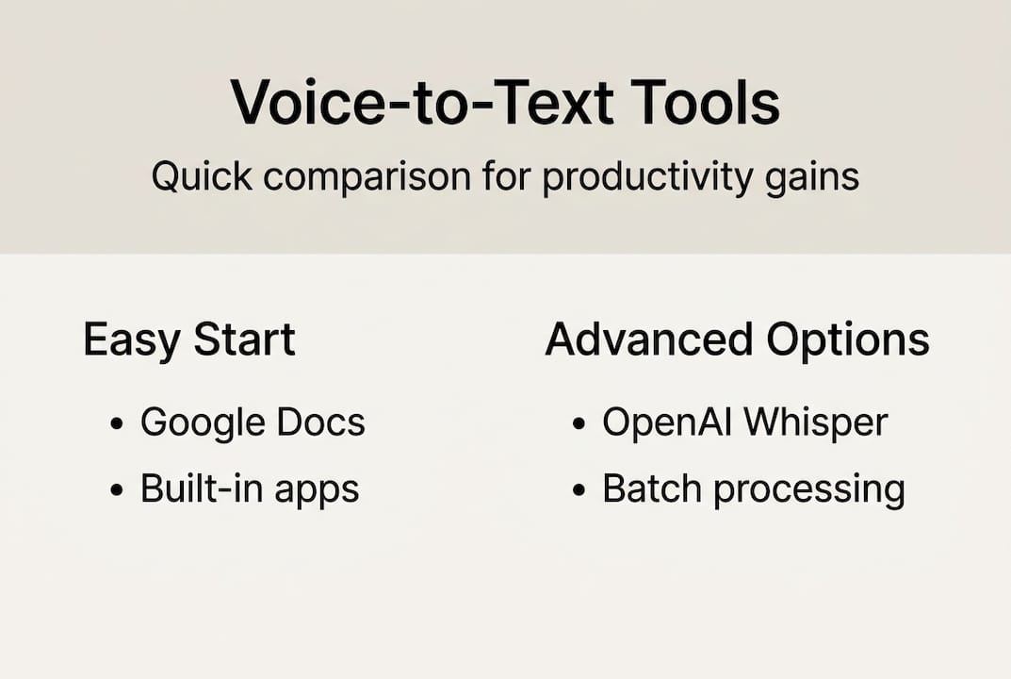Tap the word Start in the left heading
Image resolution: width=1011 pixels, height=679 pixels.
coord(244,339)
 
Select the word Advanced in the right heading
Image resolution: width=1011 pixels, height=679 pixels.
coord(648,339)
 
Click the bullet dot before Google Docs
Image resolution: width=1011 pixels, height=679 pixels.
coord(117,424)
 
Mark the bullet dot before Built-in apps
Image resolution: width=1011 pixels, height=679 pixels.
coord(117,490)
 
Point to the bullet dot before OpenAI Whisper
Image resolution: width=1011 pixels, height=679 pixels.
coord(579,424)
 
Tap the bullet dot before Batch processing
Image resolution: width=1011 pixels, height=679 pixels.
coord(579,490)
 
